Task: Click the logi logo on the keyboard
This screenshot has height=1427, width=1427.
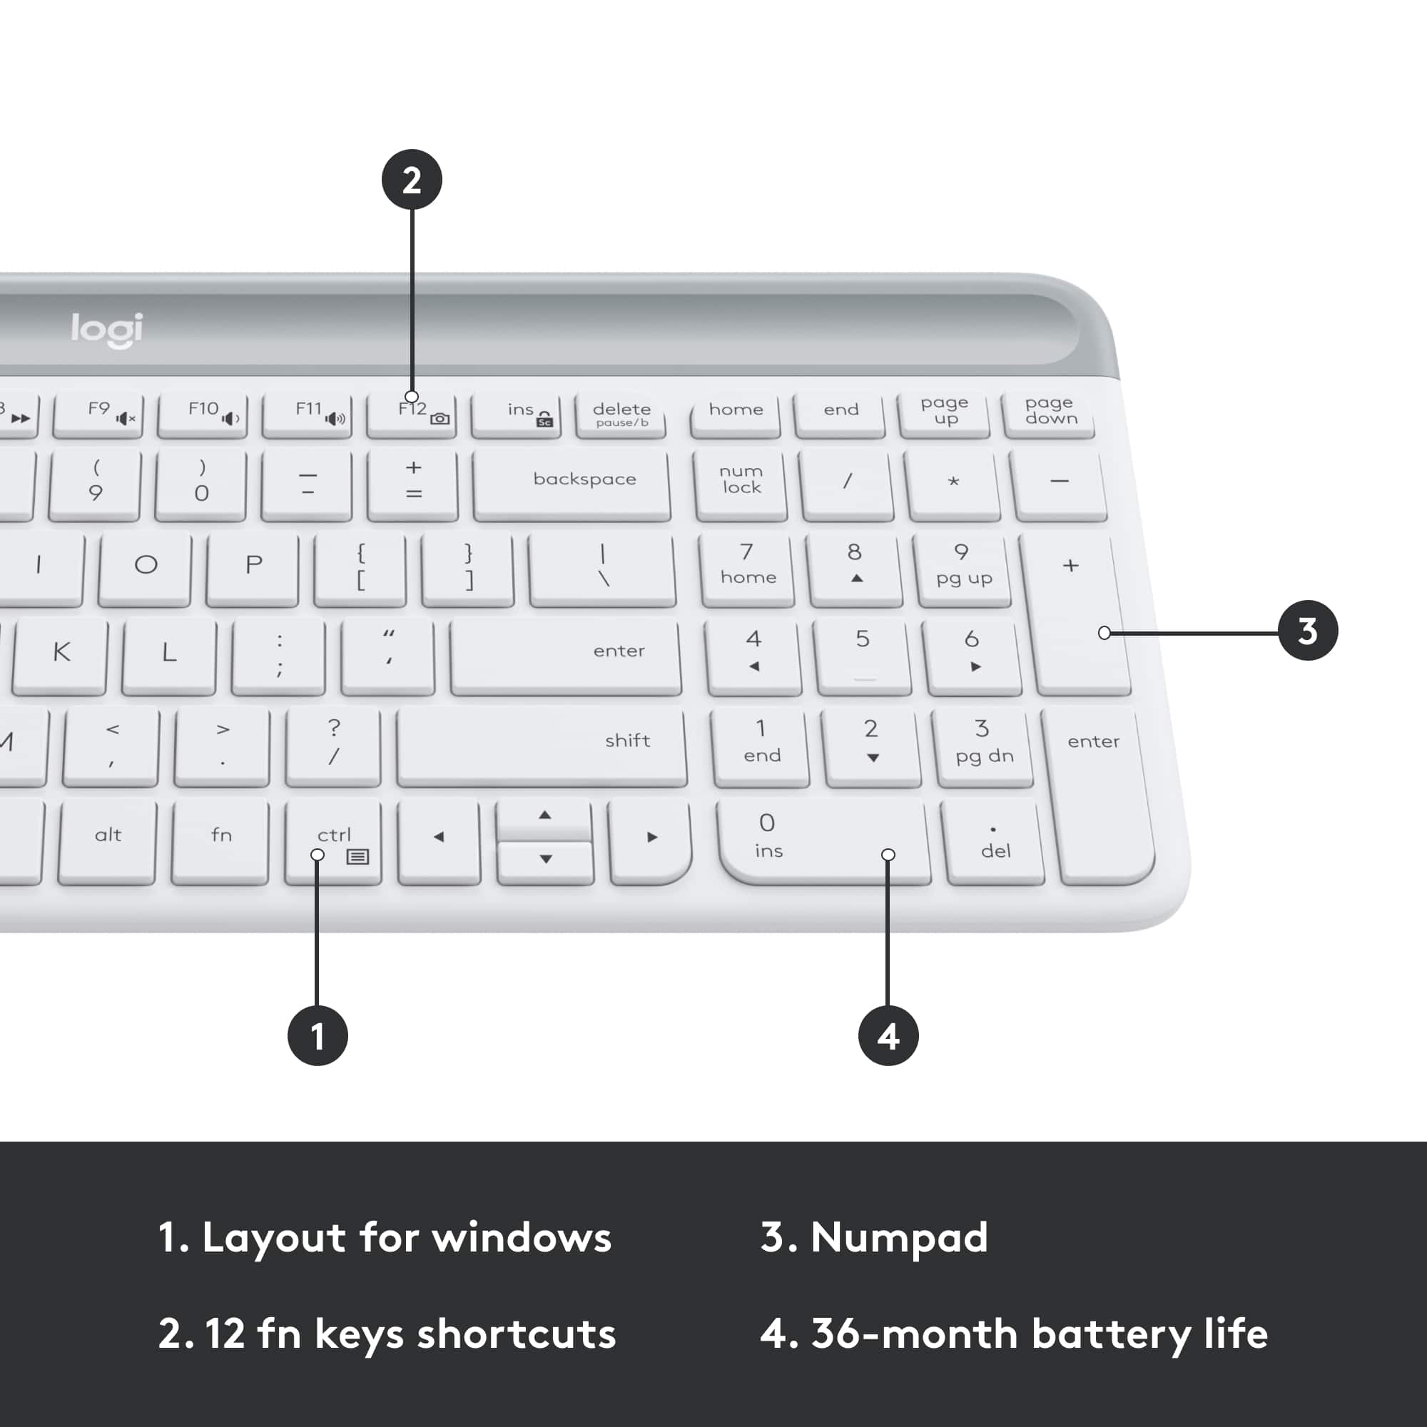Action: tap(106, 330)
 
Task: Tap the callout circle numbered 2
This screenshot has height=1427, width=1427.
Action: tap(412, 181)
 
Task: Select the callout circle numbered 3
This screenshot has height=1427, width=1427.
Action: tap(1307, 631)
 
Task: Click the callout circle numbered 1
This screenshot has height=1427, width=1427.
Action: tap(318, 1035)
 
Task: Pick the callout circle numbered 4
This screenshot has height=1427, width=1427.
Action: tap(888, 1035)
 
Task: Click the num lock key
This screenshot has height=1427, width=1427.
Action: tap(741, 481)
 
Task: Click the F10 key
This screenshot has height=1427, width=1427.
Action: tap(203, 413)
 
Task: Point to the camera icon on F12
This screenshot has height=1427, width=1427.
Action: tap(440, 419)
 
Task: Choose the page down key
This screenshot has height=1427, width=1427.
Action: tap(1050, 412)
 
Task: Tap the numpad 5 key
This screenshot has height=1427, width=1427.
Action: tap(863, 653)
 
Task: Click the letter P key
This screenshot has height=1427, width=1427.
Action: tap(253, 567)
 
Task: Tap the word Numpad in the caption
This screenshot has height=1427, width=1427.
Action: tap(899, 1238)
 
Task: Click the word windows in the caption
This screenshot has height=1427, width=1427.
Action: tap(522, 1238)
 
